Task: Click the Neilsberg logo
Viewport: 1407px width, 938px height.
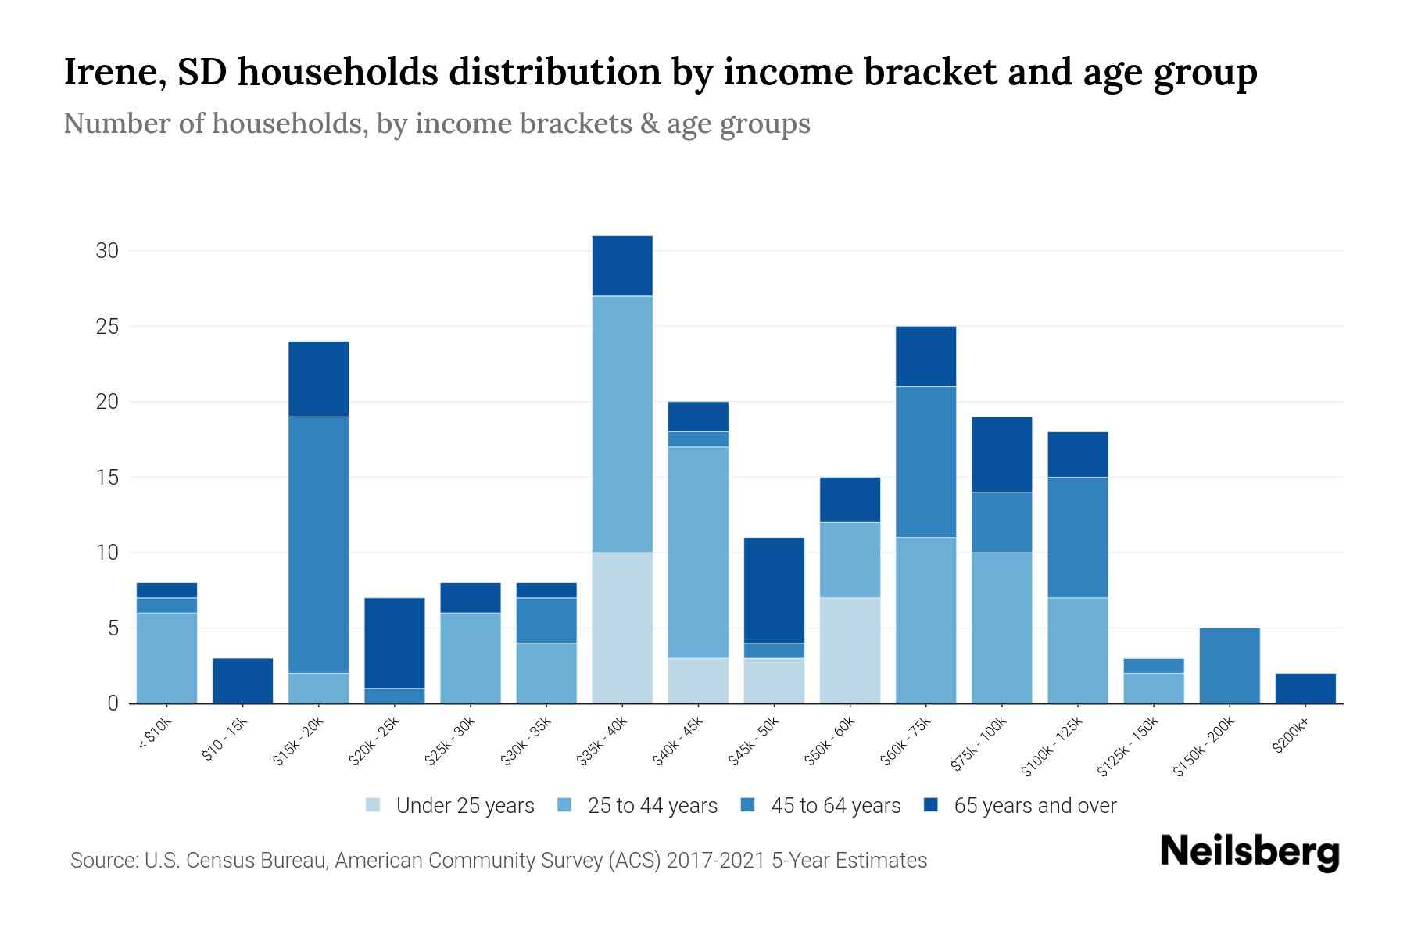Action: pos(1249,852)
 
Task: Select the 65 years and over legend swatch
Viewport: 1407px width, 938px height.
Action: pos(931,805)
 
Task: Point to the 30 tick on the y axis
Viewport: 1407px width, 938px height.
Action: pos(107,251)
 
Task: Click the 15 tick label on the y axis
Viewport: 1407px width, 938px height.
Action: pos(107,478)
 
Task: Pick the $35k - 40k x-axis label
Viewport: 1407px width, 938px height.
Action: pos(601,742)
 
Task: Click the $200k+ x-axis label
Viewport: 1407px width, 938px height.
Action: pos(1291,737)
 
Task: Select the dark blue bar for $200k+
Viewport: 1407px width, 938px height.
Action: pos(1305,689)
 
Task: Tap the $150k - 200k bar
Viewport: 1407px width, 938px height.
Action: pos(1229,666)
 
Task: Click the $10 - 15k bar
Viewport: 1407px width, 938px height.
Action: pos(242,681)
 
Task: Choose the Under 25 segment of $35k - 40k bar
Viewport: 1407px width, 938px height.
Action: pos(622,628)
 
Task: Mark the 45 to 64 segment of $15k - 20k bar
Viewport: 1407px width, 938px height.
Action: pos(318,545)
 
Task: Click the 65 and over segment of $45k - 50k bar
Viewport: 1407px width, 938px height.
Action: pos(774,590)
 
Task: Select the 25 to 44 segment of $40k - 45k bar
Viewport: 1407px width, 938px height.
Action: pos(698,552)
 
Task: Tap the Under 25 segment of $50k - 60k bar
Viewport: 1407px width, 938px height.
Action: pos(850,650)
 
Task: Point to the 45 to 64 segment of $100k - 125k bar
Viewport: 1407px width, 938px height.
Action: pos(1077,537)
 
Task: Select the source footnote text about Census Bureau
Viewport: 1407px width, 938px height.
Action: pos(498,861)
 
